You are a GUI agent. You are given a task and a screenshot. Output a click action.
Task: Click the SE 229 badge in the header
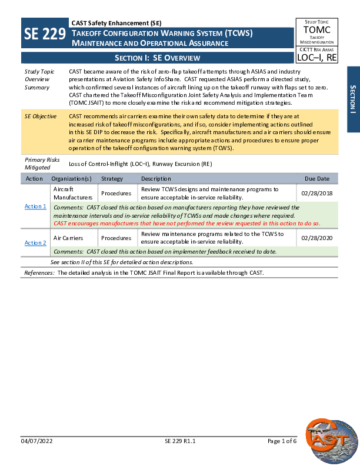45,35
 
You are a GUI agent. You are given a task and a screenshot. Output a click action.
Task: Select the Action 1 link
35,207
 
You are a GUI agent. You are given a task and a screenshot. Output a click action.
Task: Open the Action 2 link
35,242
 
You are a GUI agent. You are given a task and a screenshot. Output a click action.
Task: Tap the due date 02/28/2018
316,194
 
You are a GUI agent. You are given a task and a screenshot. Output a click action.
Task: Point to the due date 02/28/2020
316,238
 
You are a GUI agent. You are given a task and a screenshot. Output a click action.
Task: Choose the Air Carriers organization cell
66,238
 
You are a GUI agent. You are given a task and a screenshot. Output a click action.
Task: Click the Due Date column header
317,178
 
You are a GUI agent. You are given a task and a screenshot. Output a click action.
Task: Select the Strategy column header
112,178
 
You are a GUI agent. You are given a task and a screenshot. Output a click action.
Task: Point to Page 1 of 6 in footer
282,441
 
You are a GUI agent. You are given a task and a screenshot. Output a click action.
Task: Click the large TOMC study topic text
317,30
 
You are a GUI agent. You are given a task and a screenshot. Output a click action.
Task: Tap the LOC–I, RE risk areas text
317,58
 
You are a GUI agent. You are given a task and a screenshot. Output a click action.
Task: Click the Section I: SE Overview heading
157,58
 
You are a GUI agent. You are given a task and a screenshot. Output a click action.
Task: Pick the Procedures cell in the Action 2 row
116,238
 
